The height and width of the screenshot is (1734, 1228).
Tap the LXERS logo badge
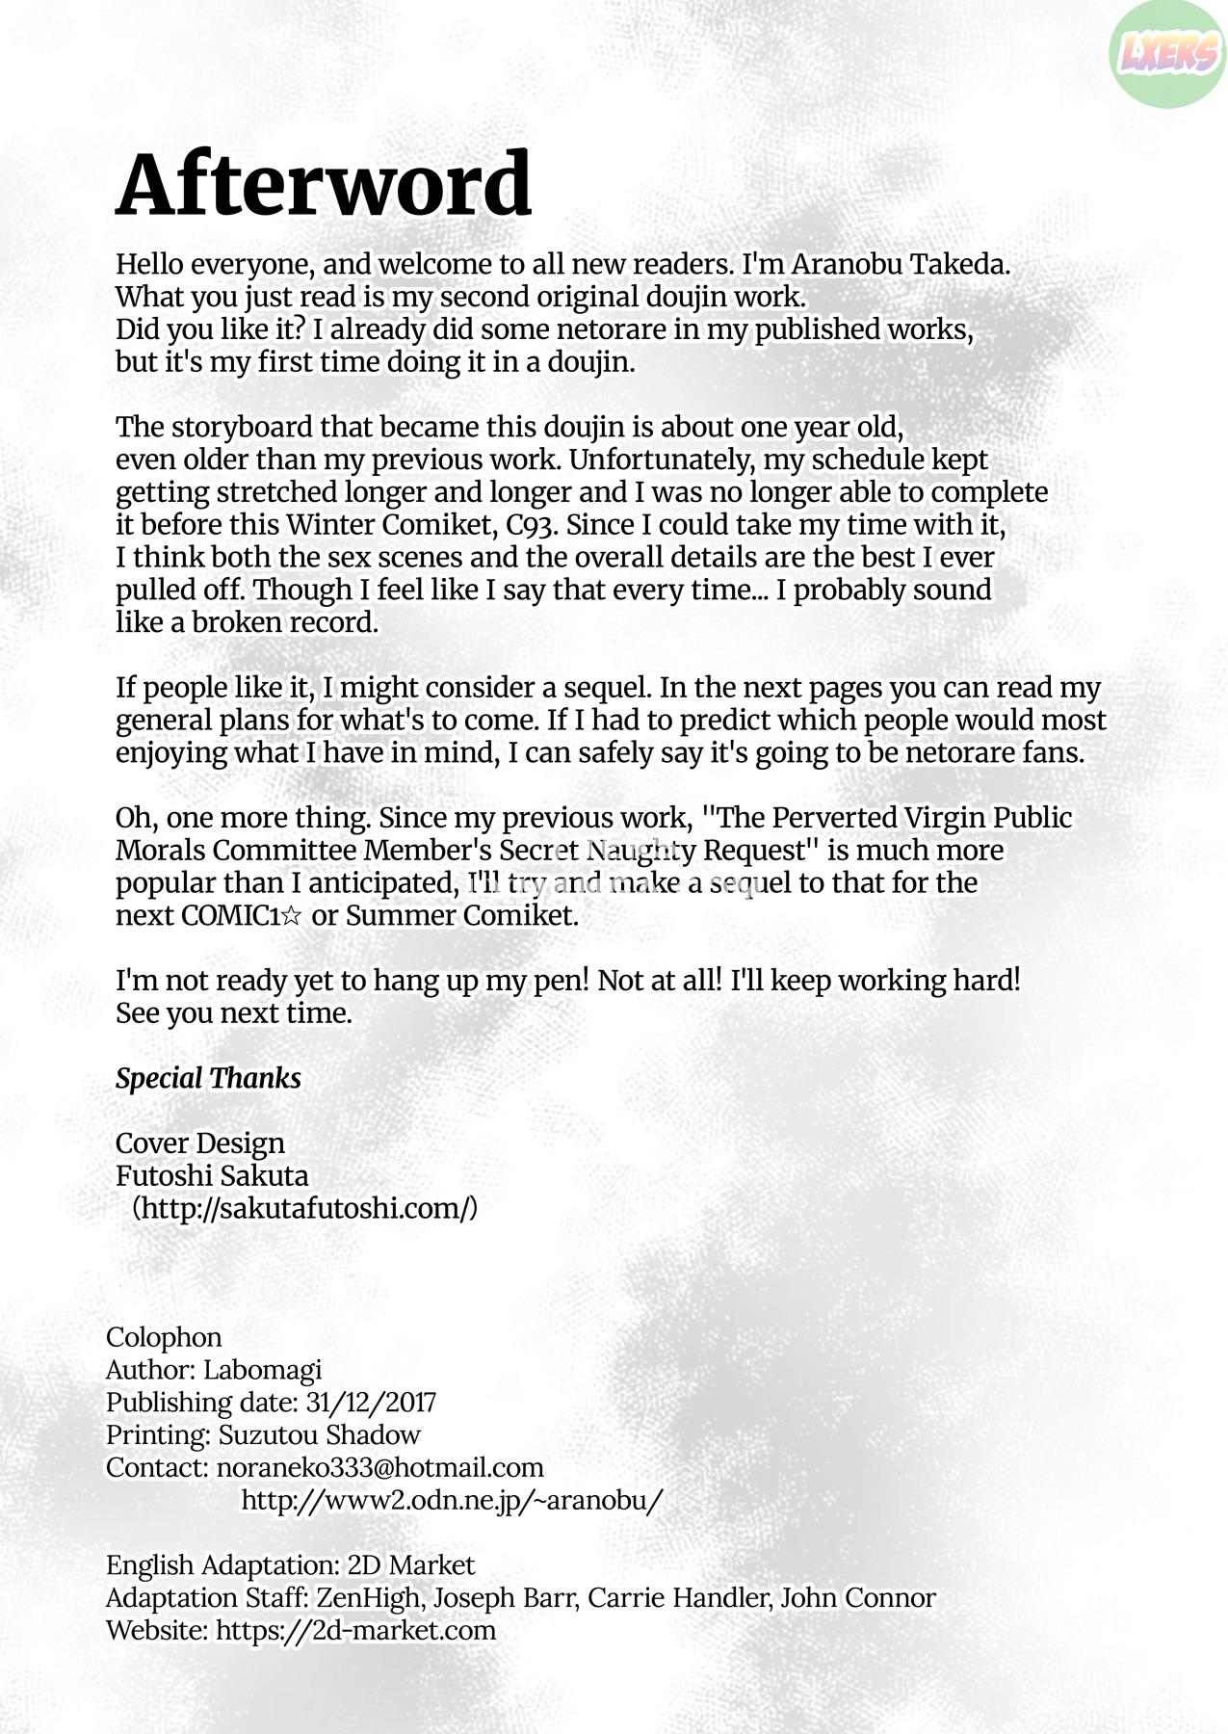pos(1166,54)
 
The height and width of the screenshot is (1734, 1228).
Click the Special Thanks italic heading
pos(208,1078)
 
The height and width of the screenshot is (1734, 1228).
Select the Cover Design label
pos(200,1143)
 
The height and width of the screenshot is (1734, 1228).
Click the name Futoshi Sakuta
pos(212,1176)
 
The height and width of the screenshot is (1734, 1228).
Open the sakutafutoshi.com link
pos(304,1208)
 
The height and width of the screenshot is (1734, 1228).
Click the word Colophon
pos(164,1337)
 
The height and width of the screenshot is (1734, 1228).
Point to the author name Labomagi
pos(262,1370)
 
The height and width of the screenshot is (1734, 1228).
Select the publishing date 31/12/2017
pos(371,1403)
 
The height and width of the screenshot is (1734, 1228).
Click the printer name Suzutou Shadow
pos(319,1435)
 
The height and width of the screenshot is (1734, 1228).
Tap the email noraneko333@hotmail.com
pos(380,1468)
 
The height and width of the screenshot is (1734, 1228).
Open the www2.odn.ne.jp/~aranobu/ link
pos(452,1501)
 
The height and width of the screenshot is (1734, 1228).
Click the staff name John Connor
pos(857,1598)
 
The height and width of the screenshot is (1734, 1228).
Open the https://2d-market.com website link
pos(355,1631)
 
